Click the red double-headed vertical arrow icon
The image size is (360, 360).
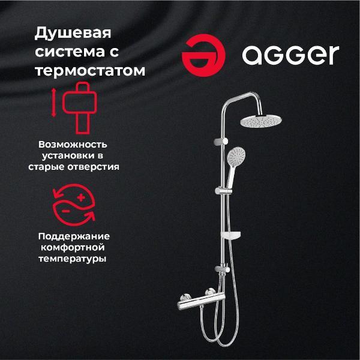tap(53, 102)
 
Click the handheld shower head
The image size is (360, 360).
tap(237, 158)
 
